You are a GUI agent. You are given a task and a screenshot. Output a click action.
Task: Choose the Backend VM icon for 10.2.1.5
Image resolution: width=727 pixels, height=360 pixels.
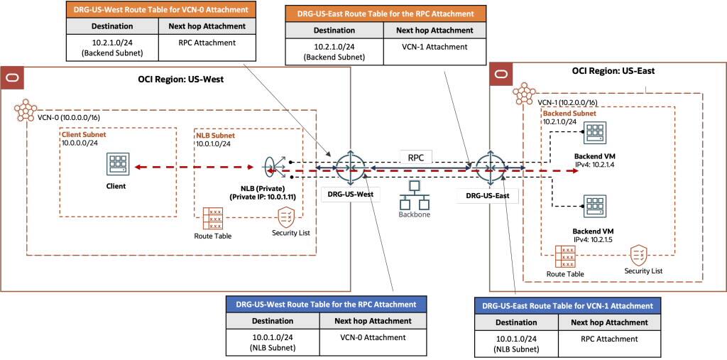(x=594, y=206)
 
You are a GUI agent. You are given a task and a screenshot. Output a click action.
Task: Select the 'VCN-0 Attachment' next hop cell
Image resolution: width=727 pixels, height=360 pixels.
(x=370, y=338)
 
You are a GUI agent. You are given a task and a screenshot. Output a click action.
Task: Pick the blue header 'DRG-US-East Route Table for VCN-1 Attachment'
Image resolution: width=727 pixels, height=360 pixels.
(x=567, y=305)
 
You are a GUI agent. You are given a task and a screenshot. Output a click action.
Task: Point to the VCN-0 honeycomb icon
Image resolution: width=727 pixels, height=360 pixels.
(x=28, y=111)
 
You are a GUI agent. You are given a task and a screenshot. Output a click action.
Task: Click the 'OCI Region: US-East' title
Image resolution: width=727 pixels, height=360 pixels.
(x=613, y=71)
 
